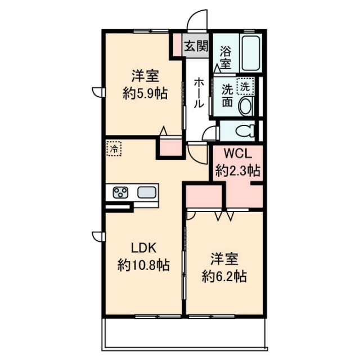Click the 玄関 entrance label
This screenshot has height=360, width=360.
click(196, 46)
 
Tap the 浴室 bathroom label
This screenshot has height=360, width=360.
click(226, 57)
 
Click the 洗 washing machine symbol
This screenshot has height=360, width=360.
click(245, 87)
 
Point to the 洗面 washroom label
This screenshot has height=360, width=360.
click(227, 96)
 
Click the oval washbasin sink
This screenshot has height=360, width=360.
click(246, 106)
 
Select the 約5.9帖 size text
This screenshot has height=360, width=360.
click(145, 94)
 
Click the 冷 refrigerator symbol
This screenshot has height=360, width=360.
click(114, 149)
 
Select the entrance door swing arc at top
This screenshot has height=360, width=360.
click(197, 21)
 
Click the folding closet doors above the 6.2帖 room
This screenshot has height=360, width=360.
click(224, 214)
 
